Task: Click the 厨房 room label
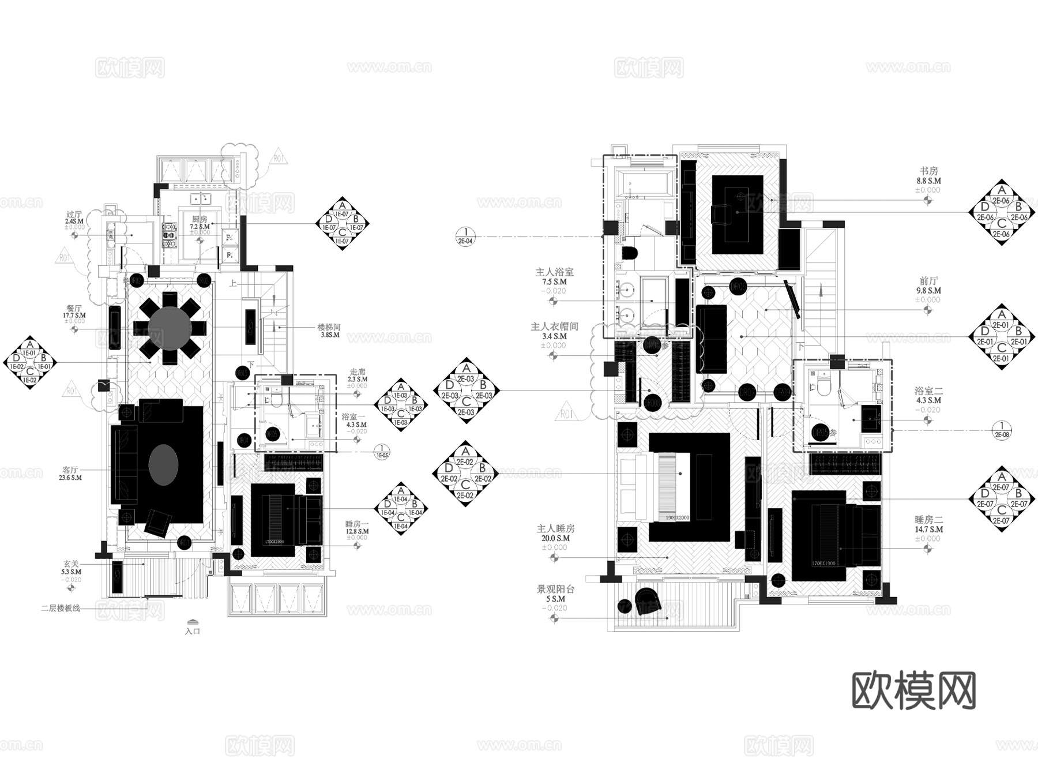(200, 219)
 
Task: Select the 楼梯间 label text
(329, 327)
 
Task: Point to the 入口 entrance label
(193, 631)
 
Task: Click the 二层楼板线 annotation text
(61, 608)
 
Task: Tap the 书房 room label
(928, 171)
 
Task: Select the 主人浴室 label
(555, 272)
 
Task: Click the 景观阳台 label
(555, 590)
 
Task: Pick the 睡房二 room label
(928, 520)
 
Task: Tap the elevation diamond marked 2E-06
(1002, 212)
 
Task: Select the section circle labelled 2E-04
(465, 237)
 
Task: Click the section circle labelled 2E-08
(1002, 430)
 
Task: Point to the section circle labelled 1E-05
(382, 451)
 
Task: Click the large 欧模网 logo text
(914, 690)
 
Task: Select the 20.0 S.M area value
(555, 538)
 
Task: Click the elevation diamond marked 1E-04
(401, 508)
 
